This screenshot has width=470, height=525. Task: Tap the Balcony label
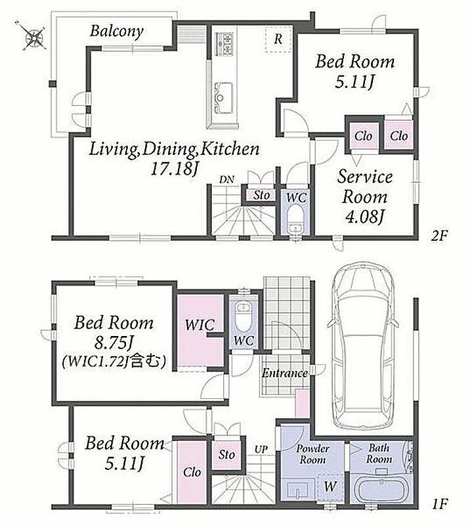click(117, 31)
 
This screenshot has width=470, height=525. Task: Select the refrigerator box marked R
click(278, 39)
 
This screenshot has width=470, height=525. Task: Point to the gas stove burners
click(224, 44)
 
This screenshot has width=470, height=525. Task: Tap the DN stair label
click(226, 179)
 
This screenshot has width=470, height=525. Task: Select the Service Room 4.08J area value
click(364, 217)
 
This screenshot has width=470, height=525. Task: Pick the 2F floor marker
click(439, 236)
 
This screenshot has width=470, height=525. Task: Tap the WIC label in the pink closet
click(200, 325)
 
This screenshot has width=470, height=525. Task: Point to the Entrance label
click(285, 373)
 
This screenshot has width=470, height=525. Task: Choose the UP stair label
click(261, 450)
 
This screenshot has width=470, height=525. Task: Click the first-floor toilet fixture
click(242, 316)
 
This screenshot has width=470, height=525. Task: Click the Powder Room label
click(312, 453)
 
